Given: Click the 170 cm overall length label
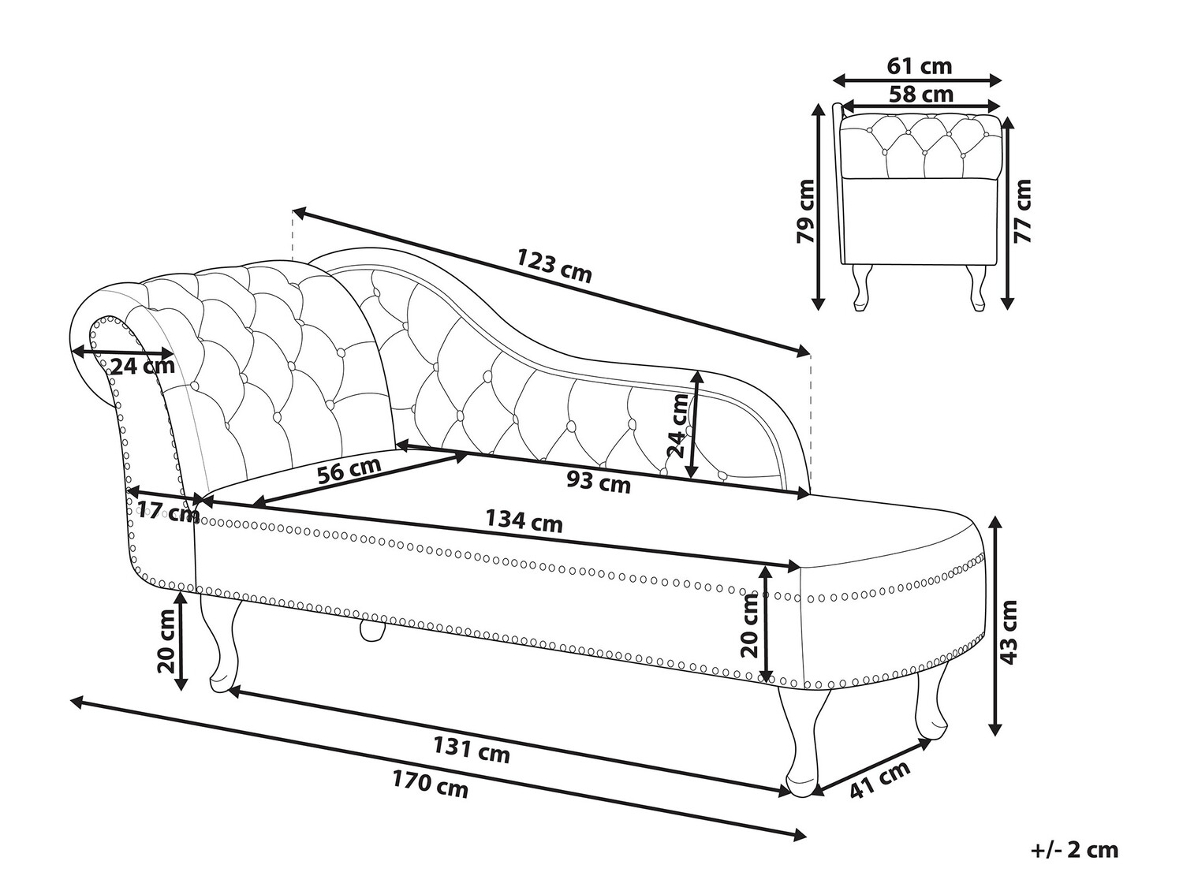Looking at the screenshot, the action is tap(430, 785).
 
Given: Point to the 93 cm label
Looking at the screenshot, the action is tap(599, 481).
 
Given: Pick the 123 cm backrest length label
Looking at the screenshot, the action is tap(554, 266).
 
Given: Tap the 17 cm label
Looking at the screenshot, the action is tap(168, 512).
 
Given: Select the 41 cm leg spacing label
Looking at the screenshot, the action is tap(879, 779).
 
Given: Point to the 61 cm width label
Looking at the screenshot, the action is tap(919, 65).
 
